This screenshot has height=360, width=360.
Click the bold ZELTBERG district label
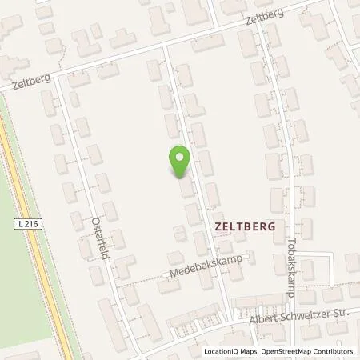(x=245, y=226)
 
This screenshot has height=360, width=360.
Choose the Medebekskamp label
(x=206, y=266)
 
